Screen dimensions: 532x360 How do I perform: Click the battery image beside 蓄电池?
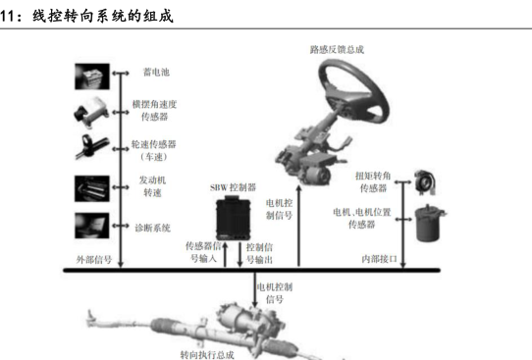pyautogui.click(x=92, y=77)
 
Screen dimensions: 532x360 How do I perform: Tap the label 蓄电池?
pyautogui.click(x=156, y=73)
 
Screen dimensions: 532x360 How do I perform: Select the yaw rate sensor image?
pyautogui.click(x=91, y=113)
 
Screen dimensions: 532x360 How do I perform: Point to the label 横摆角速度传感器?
pyautogui.click(x=154, y=110)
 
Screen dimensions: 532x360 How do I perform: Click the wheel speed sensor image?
pyautogui.click(x=90, y=147)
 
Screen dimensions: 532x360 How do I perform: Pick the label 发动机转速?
pyautogui.click(x=152, y=186)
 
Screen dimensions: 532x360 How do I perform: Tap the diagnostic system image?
pyautogui.click(x=92, y=226)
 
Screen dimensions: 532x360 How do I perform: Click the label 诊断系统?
pyautogui.click(x=153, y=228)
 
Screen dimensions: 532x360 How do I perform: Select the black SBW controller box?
pyautogui.click(x=234, y=219)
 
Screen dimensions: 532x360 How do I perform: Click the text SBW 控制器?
pyautogui.click(x=233, y=187)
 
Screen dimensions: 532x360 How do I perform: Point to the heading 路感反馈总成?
pyautogui.click(x=337, y=50)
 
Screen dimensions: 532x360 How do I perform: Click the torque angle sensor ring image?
pyautogui.click(x=425, y=182)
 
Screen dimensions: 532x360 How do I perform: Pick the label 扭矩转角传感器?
pyautogui.click(x=373, y=181)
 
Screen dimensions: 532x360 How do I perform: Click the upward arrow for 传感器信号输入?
pyautogui.click(x=225, y=255)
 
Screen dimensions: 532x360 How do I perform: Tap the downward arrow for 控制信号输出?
pyautogui.click(x=239, y=255)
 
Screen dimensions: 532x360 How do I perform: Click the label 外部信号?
pyautogui.click(x=94, y=260)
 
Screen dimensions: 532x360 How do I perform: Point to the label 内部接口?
pyautogui.click(x=379, y=259)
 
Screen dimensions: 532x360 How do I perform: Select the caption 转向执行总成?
pyautogui.click(x=207, y=355)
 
